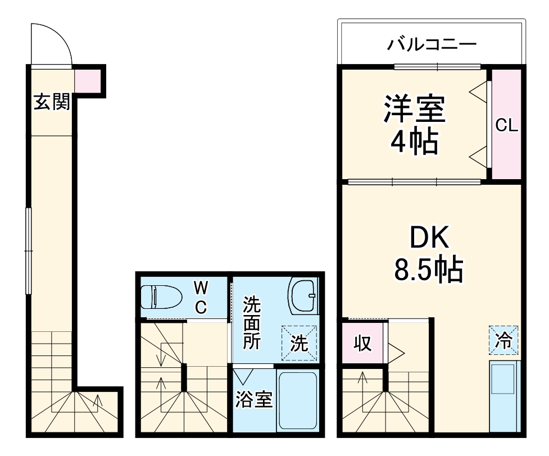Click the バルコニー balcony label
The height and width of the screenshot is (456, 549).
coord(432,44)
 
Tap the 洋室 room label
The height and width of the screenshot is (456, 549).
coord(414,109)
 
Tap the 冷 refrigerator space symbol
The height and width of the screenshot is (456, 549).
coord(503,340)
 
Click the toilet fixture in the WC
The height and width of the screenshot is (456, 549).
coord(160,297)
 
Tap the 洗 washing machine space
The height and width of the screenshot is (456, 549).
coord(299,343)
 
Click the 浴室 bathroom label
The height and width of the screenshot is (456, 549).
coord(254,400)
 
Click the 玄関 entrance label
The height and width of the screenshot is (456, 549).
coord(52,102)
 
